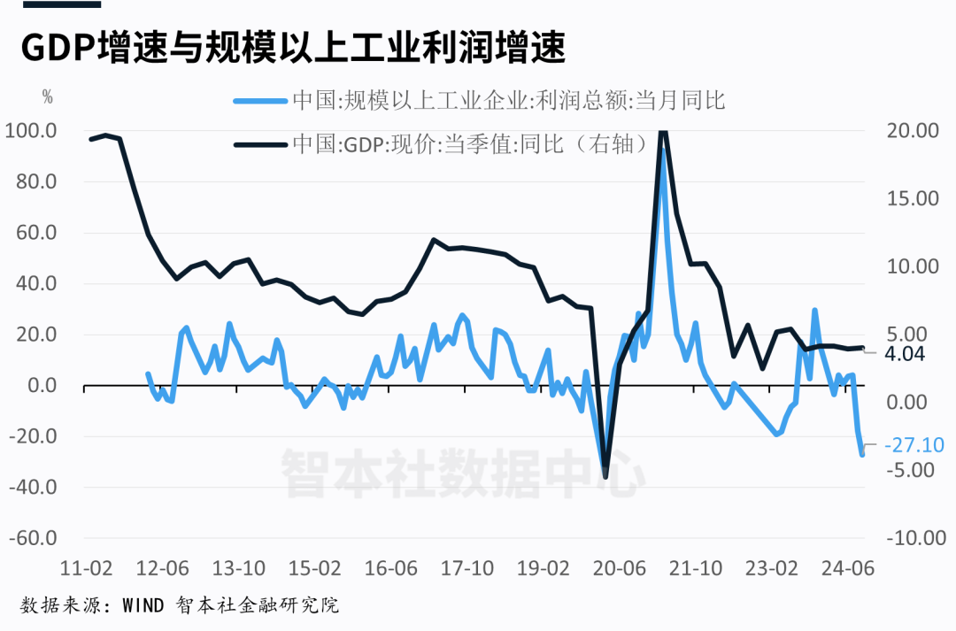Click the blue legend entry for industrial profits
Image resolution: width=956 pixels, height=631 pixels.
(478, 100)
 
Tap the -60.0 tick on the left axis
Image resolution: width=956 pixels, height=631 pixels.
(33, 538)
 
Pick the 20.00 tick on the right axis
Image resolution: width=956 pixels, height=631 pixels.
(911, 131)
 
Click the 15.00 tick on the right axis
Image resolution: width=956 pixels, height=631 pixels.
(911, 198)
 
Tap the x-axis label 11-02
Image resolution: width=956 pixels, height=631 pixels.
(86, 567)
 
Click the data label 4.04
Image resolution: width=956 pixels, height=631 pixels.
(904, 354)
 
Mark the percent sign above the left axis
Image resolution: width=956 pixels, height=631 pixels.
(48, 97)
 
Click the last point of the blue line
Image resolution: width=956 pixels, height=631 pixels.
(861, 454)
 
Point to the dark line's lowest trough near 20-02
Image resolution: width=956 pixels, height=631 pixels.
(605, 477)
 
